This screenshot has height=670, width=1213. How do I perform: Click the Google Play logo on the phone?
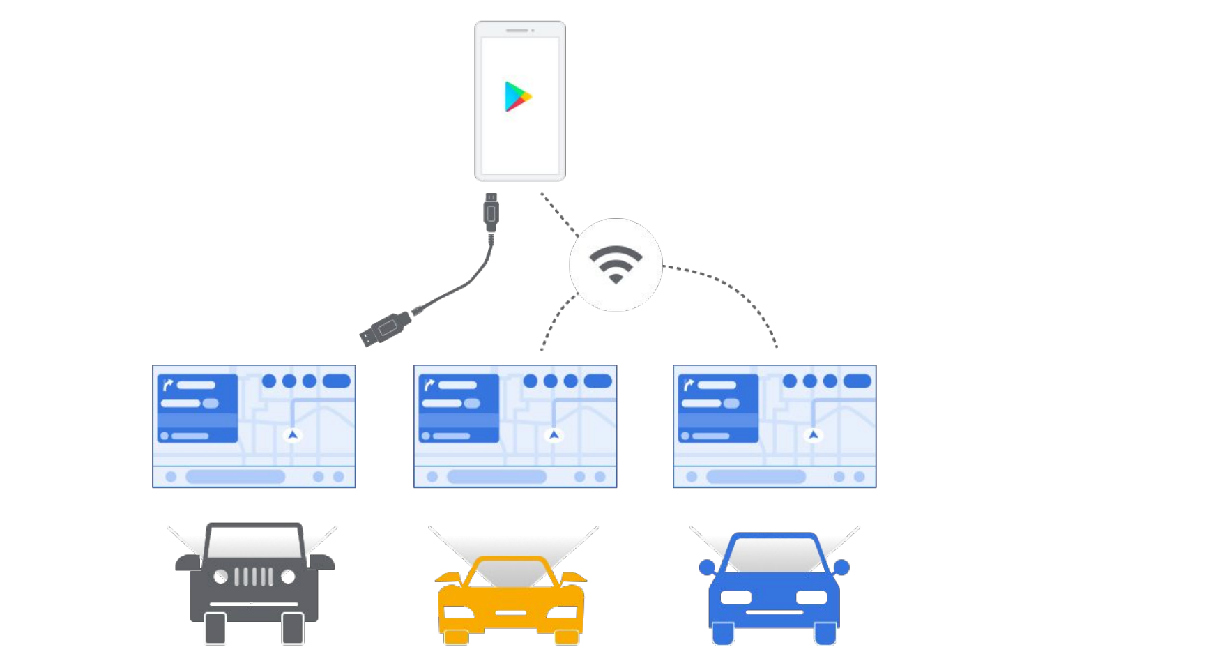coord(518,96)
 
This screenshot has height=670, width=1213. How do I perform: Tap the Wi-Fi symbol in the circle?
coord(616,264)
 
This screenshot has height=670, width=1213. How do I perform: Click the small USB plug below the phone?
coord(491,212)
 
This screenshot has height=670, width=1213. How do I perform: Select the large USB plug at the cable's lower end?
coord(384,328)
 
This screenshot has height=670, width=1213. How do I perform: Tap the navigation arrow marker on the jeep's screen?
coord(293,435)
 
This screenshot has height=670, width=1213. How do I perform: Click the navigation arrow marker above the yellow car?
coord(554,435)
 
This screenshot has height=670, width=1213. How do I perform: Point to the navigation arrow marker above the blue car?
coord(813,435)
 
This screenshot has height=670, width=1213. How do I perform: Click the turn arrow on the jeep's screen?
coord(167,385)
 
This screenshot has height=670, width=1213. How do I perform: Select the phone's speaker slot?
coord(517,31)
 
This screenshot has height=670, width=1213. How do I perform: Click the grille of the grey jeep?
coord(253,577)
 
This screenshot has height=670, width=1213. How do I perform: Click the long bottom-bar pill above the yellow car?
coord(496,477)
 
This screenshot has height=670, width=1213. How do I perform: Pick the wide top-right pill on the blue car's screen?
coord(857,381)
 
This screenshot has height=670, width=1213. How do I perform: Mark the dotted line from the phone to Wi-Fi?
coord(559,214)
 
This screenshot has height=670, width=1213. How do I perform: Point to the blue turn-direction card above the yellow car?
coord(459,409)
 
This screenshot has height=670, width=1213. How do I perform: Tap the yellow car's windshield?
coord(511,572)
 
